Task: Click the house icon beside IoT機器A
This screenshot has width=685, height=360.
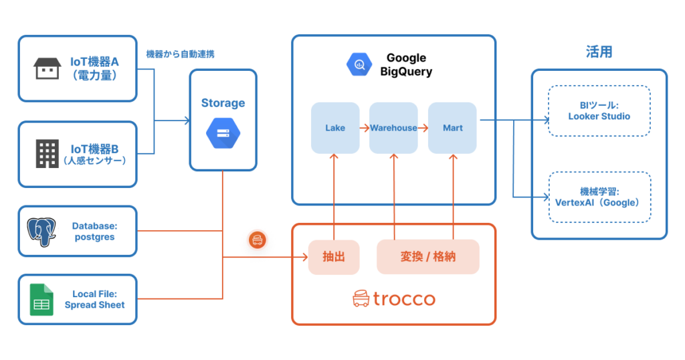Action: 47,70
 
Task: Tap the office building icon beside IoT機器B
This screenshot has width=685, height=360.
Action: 47,154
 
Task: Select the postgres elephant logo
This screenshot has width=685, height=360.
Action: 41,232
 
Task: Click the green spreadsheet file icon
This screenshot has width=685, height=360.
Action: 41,300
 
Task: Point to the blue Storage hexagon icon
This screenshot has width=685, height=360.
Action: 223,132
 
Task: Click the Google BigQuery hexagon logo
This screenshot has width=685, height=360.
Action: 359,64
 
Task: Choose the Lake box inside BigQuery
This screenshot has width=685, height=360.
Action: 335,127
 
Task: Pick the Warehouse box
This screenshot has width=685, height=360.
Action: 393,127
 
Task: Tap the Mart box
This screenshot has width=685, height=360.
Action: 452,127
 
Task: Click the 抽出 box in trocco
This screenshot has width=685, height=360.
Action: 333,256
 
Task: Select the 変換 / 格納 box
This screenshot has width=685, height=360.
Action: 428,256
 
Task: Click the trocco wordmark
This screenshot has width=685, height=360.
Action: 394,299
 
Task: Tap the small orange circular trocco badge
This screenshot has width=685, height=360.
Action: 258,240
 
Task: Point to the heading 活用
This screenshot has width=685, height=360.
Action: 599,52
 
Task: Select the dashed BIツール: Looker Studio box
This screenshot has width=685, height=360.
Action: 599,111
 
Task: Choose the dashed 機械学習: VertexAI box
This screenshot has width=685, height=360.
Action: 599,197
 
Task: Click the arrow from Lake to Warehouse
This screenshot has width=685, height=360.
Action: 364,127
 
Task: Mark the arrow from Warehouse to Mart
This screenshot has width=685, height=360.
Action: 423,127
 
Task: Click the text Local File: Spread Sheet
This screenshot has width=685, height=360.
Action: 94,299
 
